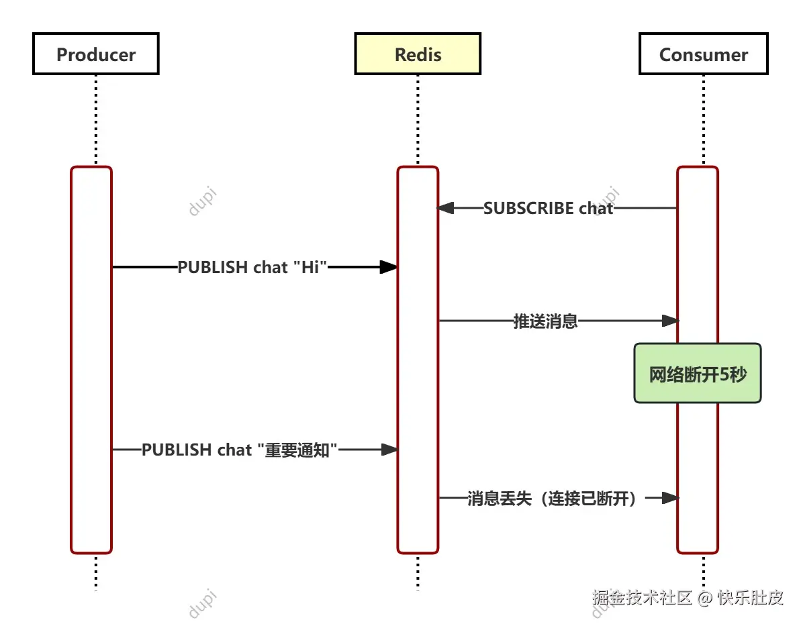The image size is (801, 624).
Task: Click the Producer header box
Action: click(95, 54)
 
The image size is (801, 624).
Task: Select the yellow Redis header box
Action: click(418, 54)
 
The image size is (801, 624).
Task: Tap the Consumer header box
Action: click(703, 54)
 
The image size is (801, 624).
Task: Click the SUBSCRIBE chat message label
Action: click(549, 209)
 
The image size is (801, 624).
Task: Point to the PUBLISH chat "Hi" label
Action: click(252, 267)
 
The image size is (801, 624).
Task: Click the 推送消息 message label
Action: click(545, 321)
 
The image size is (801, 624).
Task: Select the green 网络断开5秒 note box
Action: click(698, 374)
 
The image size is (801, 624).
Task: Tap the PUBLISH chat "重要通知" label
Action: click(239, 450)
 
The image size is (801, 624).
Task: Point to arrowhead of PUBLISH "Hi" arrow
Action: click(389, 267)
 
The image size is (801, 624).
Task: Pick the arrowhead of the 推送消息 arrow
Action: click(670, 321)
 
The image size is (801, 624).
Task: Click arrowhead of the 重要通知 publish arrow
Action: click(389, 450)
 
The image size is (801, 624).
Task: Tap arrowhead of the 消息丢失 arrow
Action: click(670, 498)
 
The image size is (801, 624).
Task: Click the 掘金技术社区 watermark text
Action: click(642, 597)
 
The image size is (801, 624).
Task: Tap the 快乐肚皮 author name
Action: click(751, 597)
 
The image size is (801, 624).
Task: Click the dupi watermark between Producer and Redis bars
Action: click(202, 202)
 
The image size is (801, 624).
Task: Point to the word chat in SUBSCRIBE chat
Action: click(596, 209)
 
